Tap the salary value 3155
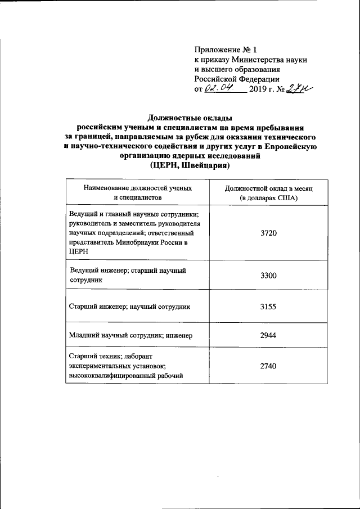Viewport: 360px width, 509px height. coord(269,307)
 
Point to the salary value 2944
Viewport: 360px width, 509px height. coord(269,336)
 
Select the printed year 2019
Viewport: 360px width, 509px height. coord(260,89)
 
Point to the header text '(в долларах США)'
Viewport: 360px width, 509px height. coord(268,199)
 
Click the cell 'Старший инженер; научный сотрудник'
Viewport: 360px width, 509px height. coord(129,307)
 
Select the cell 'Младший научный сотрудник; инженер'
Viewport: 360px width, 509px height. coord(130,336)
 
